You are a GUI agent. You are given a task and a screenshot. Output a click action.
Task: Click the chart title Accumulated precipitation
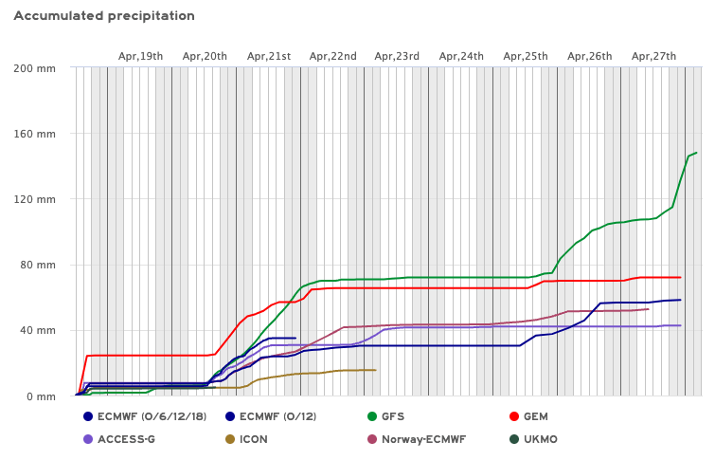(x=104, y=16)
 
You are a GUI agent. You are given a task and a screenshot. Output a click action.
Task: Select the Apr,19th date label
(x=140, y=57)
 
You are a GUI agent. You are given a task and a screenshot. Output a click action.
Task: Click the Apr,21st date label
(x=269, y=57)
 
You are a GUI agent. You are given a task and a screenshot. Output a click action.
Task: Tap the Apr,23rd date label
(x=397, y=57)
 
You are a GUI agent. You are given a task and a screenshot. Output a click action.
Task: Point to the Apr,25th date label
(x=526, y=57)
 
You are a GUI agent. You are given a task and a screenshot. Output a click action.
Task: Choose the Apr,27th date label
(x=653, y=57)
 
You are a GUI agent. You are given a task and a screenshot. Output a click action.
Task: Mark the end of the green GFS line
(x=696, y=153)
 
